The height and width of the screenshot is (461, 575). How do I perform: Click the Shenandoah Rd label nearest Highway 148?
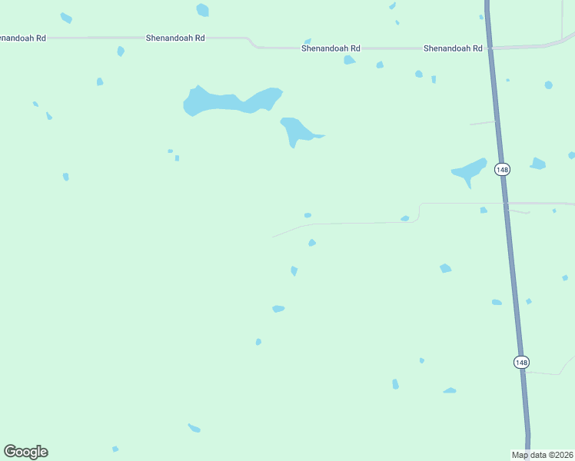(x=453, y=48)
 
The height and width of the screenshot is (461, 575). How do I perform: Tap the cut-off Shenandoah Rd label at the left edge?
(x=23, y=37)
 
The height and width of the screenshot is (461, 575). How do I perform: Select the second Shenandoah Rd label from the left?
(x=176, y=37)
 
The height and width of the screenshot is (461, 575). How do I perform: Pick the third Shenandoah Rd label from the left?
(x=330, y=48)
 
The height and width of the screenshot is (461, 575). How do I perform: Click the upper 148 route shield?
(x=502, y=169)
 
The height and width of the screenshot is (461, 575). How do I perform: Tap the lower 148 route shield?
(x=521, y=362)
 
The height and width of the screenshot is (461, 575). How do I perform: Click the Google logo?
(x=25, y=452)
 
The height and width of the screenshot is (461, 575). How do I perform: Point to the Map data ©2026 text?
(x=543, y=455)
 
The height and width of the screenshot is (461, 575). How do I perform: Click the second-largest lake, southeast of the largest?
(x=297, y=130)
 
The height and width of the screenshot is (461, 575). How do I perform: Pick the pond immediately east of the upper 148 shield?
(x=538, y=163)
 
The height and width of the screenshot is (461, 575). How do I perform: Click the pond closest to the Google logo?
(x=115, y=449)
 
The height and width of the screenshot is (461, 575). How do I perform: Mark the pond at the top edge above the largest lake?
(x=202, y=10)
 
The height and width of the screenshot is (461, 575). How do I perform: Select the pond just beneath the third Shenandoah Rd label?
(x=349, y=60)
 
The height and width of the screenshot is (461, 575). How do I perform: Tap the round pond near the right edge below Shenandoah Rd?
(x=548, y=85)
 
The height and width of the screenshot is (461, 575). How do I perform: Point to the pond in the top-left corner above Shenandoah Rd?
(x=66, y=18)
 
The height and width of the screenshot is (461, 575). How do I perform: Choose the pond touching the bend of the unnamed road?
(x=405, y=218)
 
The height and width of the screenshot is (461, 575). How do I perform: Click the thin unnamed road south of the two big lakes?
(x=346, y=224)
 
